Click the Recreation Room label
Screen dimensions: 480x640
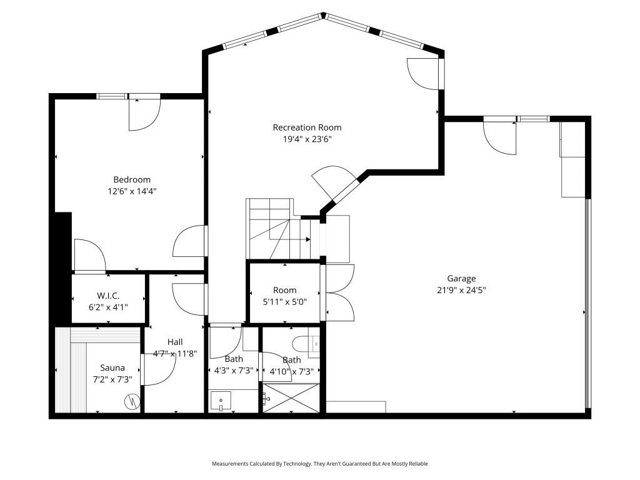click(x=307, y=127)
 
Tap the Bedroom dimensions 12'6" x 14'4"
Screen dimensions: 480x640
click(x=132, y=191)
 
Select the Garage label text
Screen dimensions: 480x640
click(x=461, y=279)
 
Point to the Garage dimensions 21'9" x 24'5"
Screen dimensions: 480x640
click(x=461, y=290)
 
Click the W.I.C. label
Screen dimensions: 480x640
click(x=107, y=296)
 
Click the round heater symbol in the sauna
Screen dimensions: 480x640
click(x=132, y=402)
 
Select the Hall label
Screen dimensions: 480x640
click(x=175, y=342)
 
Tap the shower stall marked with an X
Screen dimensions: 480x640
click(x=291, y=398)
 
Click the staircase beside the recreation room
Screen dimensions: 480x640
click(x=275, y=228)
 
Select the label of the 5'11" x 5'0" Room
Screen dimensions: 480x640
click(x=284, y=290)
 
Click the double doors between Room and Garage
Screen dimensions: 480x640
click(x=337, y=292)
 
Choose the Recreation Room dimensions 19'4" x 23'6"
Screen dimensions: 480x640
click(x=307, y=139)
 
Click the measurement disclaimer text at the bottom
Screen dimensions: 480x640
click(x=319, y=464)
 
